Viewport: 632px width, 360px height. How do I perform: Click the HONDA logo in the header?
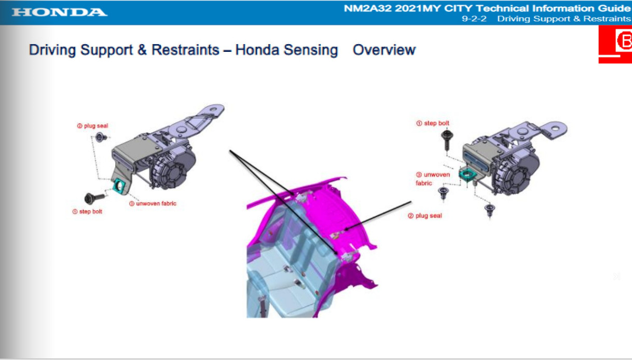[59, 12]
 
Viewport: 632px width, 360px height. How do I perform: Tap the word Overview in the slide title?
[384, 50]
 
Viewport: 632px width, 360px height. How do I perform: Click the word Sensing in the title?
[311, 50]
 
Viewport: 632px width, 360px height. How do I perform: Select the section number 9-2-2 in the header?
[474, 19]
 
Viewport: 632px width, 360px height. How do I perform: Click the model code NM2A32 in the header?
[368, 8]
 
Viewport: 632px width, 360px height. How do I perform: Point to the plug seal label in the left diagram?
[92, 126]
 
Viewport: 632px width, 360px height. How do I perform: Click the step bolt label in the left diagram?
[87, 212]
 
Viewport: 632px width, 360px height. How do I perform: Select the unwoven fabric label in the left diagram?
[153, 203]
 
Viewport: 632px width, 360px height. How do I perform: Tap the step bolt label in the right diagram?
[433, 123]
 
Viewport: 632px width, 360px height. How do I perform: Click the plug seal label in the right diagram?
[425, 216]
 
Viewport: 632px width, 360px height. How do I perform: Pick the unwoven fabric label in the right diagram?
[433, 179]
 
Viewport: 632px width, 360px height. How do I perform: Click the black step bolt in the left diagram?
[94, 198]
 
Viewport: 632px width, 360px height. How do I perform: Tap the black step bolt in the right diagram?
[447, 140]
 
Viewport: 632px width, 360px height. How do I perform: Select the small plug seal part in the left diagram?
[101, 137]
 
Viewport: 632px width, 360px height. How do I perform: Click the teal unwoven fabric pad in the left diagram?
[119, 186]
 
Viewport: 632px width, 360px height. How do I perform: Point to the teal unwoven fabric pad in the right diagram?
[468, 175]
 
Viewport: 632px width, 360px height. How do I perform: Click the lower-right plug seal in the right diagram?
[489, 210]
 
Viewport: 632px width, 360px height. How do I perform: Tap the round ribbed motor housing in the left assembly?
[173, 169]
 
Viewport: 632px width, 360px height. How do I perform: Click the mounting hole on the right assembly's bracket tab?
[555, 128]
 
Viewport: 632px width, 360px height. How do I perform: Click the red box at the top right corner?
[615, 44]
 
